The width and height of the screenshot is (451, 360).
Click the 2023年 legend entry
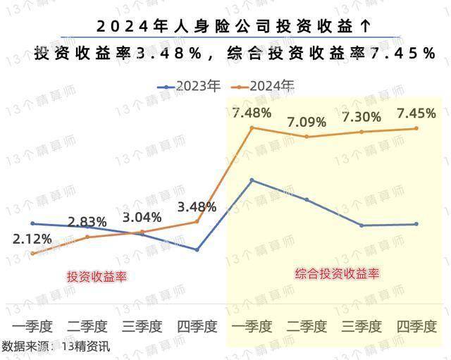pyautogui.click(x=190, y=86)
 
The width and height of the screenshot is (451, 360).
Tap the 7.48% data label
pyautogui.click(x=252, y=113)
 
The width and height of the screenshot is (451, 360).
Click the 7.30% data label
pyautogui.click(x=362, y=118)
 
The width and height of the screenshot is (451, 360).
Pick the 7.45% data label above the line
pyautogui.click(x=416, y=113)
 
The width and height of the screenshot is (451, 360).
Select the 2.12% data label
pyautogui.click(x=32, y=239)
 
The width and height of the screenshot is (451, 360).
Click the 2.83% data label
pyautogui.click(x=87, y=223)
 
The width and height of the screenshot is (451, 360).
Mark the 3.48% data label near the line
pyautogui.click(x=197, y=207)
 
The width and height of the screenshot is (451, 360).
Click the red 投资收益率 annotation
pyautogui.click(x=97, y=276)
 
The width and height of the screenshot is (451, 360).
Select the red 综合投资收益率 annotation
pyautogui.click(x=338, y=273)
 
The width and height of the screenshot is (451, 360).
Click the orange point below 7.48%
pyautogui.click(x=252, y=128)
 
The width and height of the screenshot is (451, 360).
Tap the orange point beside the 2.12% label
pyautogui.click(x=32, y=254)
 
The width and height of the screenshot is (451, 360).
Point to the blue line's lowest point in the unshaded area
pyautogui.click(x=197, y=249)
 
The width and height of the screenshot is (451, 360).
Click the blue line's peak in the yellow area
pyautogui.click(x=252, y=180)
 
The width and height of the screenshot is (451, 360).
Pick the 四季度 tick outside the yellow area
pyautogui.click(x=197, y=327)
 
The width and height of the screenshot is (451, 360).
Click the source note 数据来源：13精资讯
pyautogui.click(x=56, y=346)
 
